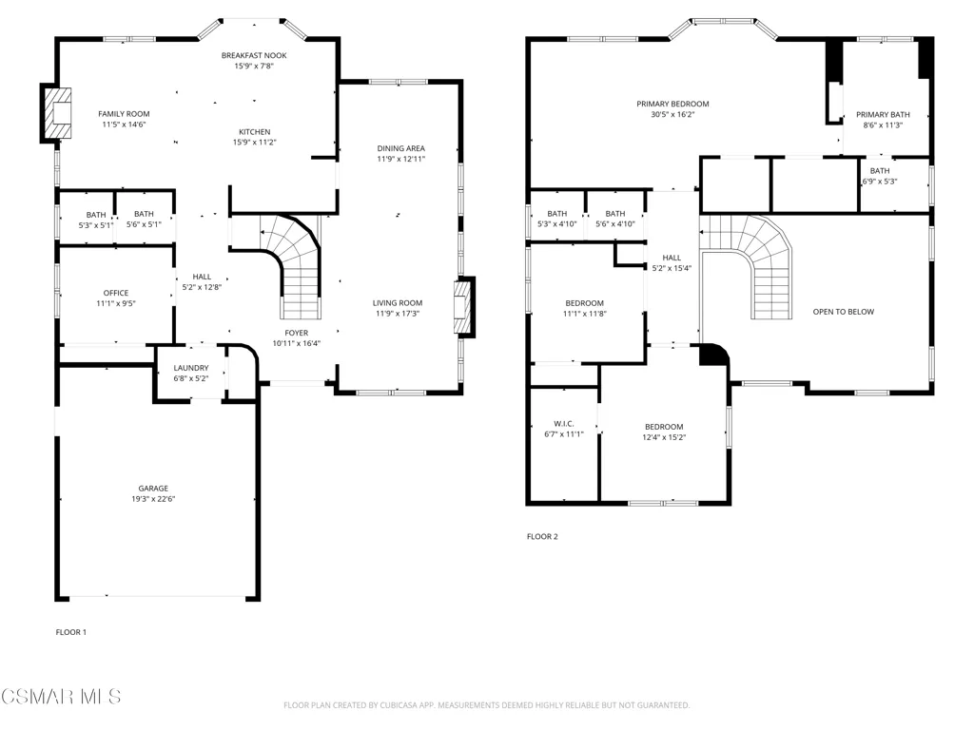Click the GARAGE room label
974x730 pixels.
[x=153, y=489]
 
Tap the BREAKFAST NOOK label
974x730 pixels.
[x=254, y=56]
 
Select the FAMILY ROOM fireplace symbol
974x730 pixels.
[x=56, y=113]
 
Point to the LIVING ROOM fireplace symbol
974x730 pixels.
[x=464, y=307]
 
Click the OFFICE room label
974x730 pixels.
[x=116, y=293]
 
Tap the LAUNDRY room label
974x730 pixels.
[x=191, y=368]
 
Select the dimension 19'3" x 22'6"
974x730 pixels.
[x=153, y=499]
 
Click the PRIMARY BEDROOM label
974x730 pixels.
[x=672, y=105]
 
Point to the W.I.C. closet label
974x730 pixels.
[x=564, y=424]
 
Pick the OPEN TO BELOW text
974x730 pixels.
[x=844, y=312]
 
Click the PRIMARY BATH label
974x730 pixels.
[x=883, y=115]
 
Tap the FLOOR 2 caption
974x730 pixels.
[x=542, y=537]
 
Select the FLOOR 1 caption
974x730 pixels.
[x=70, y=632]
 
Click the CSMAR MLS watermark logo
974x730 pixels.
[x=61, y=697]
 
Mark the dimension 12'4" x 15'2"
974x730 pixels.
[x=664, y=437]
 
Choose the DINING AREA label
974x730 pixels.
[x=401, y=148]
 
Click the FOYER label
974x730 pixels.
[x=297, y=334]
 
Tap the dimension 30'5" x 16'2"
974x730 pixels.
[x=672, y=115]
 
